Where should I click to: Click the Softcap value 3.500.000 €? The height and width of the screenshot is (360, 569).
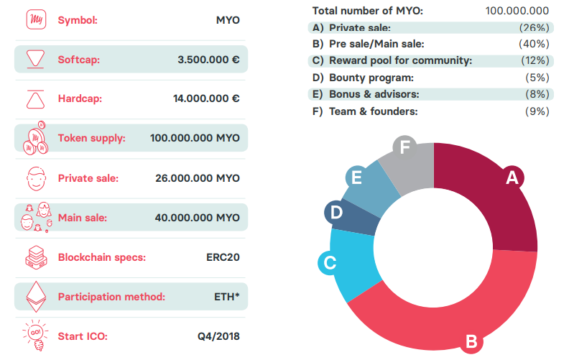tap(208, 59)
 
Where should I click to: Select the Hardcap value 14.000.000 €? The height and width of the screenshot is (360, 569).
tap(206, 98)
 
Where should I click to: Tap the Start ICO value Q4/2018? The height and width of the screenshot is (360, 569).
tap(218, 336)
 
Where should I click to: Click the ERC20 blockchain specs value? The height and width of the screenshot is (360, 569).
tap(223, 257)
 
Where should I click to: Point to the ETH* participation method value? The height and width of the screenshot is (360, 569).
tap(226, 296)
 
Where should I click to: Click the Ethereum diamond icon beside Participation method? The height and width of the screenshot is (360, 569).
tap(34, 296)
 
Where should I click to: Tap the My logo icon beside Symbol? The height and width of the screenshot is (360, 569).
tap(34, 20)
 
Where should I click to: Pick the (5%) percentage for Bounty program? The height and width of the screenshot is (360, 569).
tap(537, 77)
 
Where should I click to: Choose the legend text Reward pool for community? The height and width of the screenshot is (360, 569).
tap(400, 60)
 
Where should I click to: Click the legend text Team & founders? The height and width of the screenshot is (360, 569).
tap(373, 111)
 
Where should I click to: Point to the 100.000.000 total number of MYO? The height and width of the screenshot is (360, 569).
tap(517, 11)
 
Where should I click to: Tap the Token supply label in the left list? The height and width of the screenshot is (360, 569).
tap(91, 138)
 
